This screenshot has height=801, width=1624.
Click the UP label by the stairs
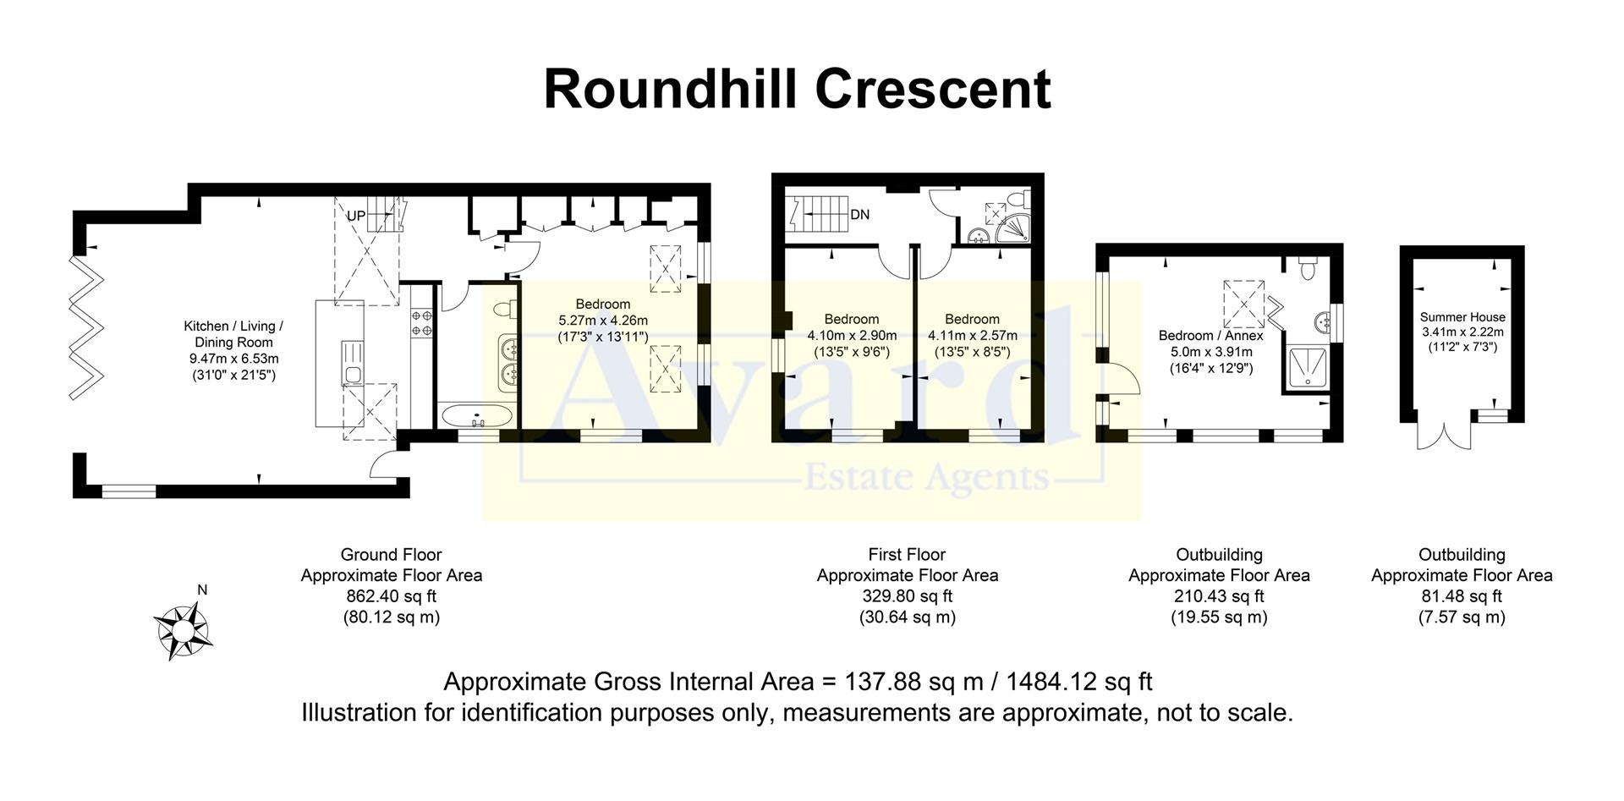[356, 216]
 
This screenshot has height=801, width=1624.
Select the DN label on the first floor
[859, 215]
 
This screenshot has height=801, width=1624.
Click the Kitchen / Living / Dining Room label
[233, 334]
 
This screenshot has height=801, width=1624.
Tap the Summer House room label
[1462, 317]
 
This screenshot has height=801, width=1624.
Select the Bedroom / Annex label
[1210, 336]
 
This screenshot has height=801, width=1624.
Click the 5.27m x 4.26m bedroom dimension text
[603, 321]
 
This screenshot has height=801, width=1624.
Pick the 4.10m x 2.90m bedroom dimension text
[852, 336]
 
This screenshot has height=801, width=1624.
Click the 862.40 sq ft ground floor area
[391, 596]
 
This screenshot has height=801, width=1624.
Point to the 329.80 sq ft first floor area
[907, 596]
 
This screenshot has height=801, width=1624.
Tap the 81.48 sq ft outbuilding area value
[1462, 596]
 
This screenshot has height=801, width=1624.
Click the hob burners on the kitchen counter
[422, 322]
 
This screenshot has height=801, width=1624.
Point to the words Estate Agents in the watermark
[926, 479]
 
